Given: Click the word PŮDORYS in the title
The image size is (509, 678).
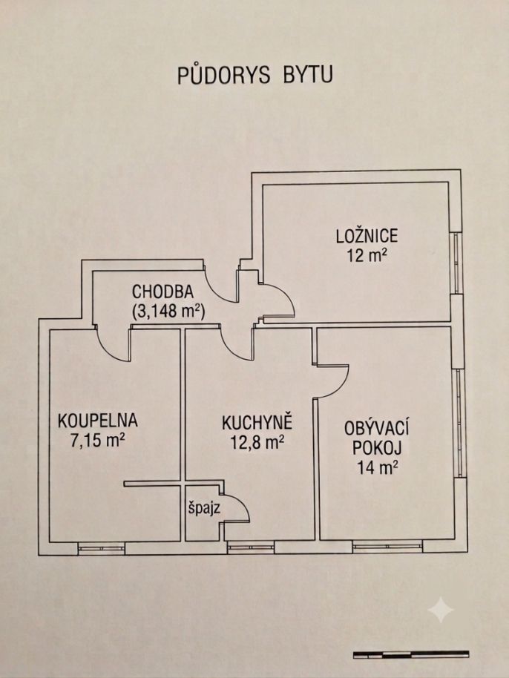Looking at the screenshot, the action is click(x=223, y=74).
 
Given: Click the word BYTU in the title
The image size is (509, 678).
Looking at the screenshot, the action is click(x=308, y=74).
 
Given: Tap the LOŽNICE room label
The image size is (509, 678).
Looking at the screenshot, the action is click(x=367, y=236).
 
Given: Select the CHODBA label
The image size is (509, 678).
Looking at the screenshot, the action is click(x=162, y=292).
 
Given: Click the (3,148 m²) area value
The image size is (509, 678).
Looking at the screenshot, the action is click(x=168, y=311).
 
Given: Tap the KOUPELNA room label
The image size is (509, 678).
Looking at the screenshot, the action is click(x=98, y=421).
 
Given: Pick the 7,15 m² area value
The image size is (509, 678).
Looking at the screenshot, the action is click(x=98, y=441).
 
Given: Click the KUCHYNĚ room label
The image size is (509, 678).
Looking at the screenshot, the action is click(x=257, y=423).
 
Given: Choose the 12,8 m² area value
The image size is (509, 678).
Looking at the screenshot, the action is click(x=257, y=442).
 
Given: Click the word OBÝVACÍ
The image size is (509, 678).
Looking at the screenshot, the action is click(x=377, y=429).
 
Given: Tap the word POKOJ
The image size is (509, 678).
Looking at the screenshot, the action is click(x=377, y=448).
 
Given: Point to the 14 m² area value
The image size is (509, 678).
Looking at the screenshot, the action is click(x=378, y=467).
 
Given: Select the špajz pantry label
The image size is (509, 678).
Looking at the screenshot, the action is click(x=204, y=507).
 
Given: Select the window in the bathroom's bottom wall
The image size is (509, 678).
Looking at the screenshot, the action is click(x=101, y=548).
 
